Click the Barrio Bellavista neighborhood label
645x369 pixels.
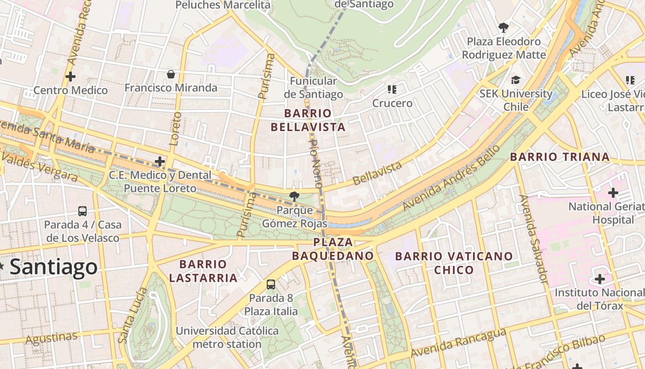pyautogui.click(x=308, y=120)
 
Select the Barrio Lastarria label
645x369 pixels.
pyautogui.click(x=203, y=271)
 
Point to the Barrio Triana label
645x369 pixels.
pyautogui.click(x=560, y=157)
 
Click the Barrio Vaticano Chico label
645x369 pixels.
pyautogui.click(x=454, y=262)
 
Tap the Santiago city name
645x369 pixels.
pyautogui.click(x=53, y=267)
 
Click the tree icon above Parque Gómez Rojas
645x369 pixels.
pyautogui.click(x=294, y=196)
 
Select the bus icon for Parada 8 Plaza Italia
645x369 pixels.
pyautogui.click(x=271, y=284)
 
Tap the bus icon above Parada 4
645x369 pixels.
pyautogui.click(x=82, y=211)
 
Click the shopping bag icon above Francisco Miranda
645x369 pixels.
pyautogui.click(x=171, y=74)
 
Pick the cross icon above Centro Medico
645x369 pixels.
pyautogui.click(x=70, y=76)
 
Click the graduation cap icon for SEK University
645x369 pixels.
pyautogui.click(x=516, y=80)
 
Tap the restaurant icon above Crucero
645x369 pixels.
pyautogui.click(x=392, y=89)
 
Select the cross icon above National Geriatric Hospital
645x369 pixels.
pyautogui.click(x=613, y=192)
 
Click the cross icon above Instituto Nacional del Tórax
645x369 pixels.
pyautogui.click(x=599, y=279)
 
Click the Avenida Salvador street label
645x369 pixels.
pyautogui.click(x=533, y=239)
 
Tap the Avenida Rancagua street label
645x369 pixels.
pyautogui.click(x=458, y=342)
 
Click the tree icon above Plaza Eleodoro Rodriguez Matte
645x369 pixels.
pyautogui.click(x=504, y=27)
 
